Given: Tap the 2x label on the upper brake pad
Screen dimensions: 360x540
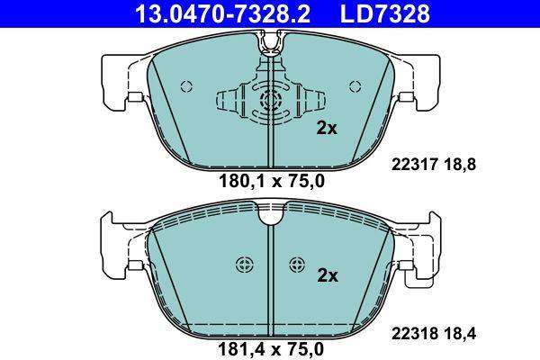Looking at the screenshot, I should pos(327,129).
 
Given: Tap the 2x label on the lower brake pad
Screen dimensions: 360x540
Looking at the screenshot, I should pos(327,276).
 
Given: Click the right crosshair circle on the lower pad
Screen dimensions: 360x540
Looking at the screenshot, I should pos(297,264).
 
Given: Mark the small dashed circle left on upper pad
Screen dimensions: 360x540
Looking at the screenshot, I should pos(187,86).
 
